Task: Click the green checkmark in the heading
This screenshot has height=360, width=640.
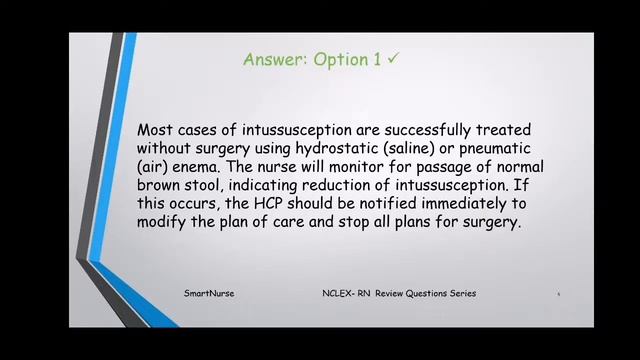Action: pos(395,59)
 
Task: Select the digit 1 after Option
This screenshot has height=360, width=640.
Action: pos(377,60)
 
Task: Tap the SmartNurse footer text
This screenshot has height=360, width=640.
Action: pos(209,293)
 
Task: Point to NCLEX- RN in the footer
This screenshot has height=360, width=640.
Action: pos(346,293)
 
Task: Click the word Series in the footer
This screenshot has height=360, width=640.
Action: pos(461,293)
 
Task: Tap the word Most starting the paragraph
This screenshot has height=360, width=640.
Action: pos(156,130)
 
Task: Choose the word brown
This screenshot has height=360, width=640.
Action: pos(160,185)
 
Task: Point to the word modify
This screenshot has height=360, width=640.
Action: pos(163,222)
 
